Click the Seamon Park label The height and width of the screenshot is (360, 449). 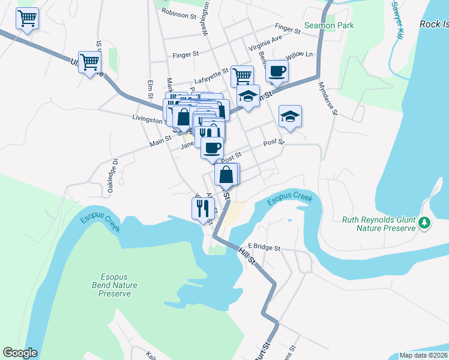pos(329,25)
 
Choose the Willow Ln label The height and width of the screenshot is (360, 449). pos(300,55)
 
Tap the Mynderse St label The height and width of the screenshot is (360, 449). pos(329,100)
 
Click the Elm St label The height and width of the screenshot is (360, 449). pos(149,89)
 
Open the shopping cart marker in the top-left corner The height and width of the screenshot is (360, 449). pos(27,19)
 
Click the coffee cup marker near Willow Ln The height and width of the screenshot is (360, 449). pos(277,71)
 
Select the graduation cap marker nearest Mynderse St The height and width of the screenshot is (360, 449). pos(290,116)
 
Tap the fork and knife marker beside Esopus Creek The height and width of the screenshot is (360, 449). pos(202,208)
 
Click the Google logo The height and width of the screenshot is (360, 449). pos(20,353)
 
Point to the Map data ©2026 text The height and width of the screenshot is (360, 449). pos(423,355)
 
